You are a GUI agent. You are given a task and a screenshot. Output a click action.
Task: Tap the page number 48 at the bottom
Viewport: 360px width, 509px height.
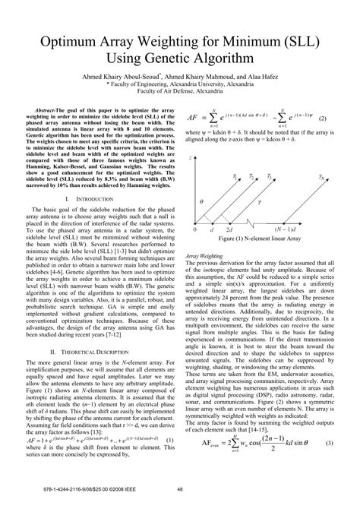[180, 490]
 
